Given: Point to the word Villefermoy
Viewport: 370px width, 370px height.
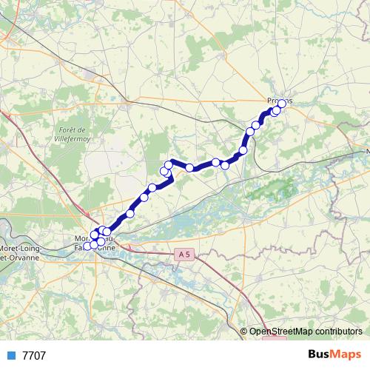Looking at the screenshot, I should (x=73, y=138).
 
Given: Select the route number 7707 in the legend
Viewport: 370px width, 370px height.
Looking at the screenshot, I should (x=34, y=355).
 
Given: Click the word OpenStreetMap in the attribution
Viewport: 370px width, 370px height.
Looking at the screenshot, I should (x=283, y=332).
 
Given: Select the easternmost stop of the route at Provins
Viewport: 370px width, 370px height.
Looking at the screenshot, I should (x=281, y=103).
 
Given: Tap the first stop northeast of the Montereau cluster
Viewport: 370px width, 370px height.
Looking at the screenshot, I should (x=130, y=213).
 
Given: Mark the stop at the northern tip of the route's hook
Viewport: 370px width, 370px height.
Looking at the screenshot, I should (x=169, y=164).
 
